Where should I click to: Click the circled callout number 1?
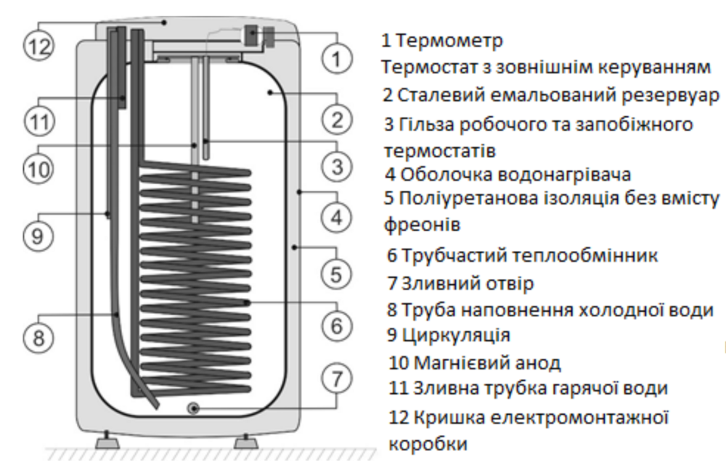tap(336, 58)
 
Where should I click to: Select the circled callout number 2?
tap(336, 118)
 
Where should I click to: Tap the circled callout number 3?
tap(336, 166)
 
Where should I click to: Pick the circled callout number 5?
tap(336, 274)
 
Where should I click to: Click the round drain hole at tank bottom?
tap(195, 409)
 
